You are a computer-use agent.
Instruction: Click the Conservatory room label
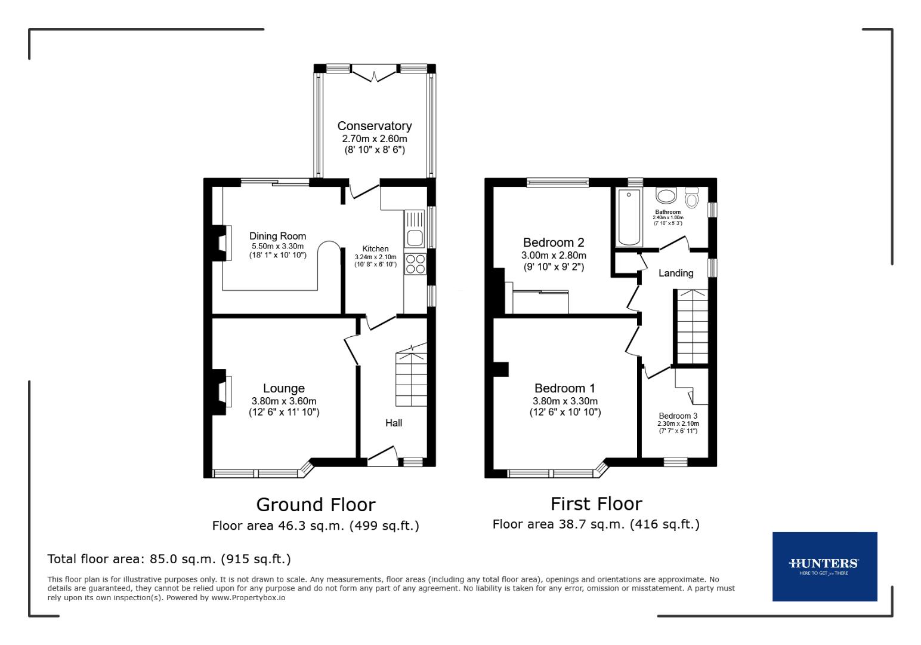(x=374, y=126)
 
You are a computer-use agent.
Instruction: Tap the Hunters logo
(x=824, y=566)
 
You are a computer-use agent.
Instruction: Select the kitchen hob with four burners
(x=415, y=263)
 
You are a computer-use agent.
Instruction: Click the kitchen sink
(x=414, y=238)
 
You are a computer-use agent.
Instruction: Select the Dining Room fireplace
(x=222, y=243)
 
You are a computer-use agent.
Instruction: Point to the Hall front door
(x=382, y=456)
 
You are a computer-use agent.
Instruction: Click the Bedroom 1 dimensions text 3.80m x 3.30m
(x=565, y=401)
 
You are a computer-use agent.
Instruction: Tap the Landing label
(x=676, y=273)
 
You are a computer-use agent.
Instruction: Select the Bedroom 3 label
(x=678, y=416)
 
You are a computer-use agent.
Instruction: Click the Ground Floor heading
(x=316, y=505)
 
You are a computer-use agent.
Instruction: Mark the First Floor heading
(x=596, y=504)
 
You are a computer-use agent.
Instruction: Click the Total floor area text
(x=169, y=559)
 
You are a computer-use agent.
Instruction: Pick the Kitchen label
(x=375, y=249)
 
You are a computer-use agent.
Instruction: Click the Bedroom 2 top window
(x=557, y=182)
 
